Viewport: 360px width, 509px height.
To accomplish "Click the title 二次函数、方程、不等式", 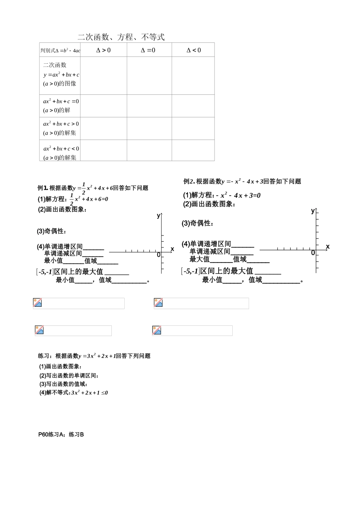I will (121, 37).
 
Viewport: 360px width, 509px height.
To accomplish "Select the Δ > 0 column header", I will (103, 50).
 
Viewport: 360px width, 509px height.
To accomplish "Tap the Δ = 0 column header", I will (148, 50).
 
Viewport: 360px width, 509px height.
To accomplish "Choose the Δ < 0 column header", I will (194, 50).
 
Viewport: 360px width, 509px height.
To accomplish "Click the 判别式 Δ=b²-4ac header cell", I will (60, 50).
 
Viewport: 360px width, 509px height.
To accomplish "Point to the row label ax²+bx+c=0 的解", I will (61, 106).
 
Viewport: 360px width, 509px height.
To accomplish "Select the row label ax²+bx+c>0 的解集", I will (61, 128).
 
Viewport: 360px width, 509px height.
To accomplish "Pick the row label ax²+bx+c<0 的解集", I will (61, 153).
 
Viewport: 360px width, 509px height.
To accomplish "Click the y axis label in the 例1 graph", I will (158, 216).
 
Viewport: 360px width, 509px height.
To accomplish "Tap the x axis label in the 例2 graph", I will (327, 247).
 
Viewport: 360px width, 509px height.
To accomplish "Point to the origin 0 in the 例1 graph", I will (158, 255).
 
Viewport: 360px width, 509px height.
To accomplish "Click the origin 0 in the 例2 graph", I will (313, 253).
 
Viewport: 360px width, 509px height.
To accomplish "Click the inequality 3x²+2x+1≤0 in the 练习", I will (89, 393).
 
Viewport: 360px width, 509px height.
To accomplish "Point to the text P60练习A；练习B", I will (61, 435).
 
